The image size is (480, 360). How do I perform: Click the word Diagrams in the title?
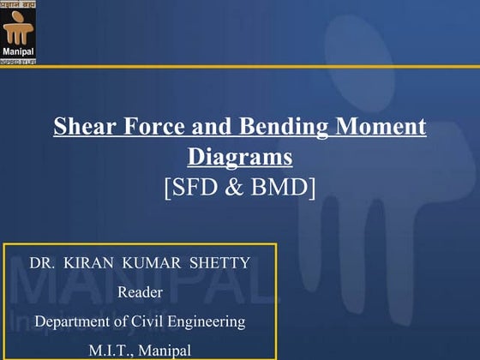240,157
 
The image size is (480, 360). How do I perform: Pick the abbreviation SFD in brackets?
196,186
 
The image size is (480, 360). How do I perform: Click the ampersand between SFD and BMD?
236,186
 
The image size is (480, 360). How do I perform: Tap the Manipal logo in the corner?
19,31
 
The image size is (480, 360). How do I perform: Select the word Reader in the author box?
140,292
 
